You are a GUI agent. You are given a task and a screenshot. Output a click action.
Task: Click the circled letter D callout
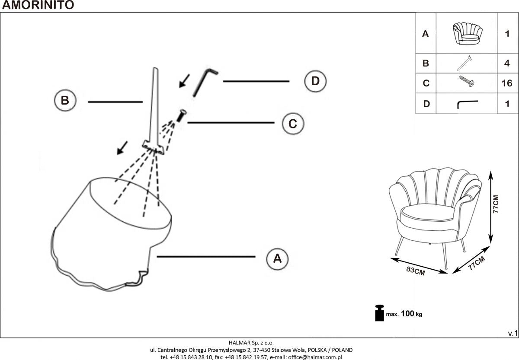(315, 81)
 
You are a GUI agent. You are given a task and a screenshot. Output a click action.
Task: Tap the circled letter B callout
(65, 101)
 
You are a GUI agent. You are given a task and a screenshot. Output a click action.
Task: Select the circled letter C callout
(293, 124)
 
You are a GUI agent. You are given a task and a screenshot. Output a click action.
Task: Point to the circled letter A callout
(278, 258)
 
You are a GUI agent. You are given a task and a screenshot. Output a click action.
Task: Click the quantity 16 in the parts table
(507, 83)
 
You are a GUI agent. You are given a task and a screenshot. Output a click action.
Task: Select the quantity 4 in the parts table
(507, 63)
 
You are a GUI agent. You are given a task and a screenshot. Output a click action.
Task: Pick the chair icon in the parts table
(466, 33)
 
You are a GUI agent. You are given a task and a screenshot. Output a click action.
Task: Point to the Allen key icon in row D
(467, 104)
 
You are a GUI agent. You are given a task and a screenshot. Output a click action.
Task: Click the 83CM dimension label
(415, 271)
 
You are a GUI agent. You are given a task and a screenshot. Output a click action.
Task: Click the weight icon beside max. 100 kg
(379, 313)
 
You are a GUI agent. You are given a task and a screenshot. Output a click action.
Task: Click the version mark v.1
(513, 333)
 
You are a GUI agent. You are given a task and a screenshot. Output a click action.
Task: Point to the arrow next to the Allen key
(185, 80)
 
